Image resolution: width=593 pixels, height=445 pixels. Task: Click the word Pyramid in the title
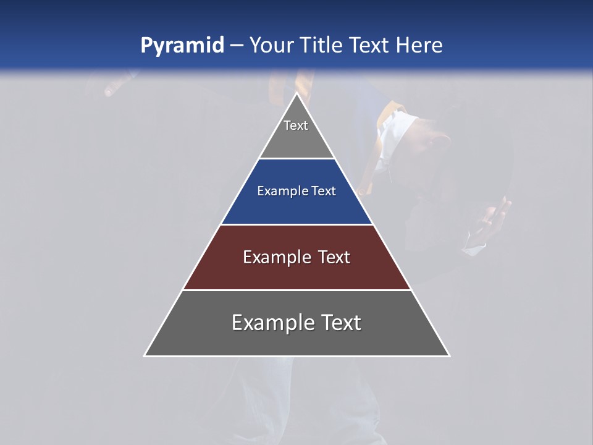182,46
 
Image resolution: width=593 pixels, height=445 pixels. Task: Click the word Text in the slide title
369,45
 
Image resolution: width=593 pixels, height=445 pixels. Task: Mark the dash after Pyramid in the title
236,46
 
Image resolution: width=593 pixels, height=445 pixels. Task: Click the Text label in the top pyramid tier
296,125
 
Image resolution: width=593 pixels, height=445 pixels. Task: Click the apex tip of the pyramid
296,94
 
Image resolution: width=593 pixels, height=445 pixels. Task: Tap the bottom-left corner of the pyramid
145,355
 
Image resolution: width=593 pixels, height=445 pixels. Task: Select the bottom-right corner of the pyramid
448,355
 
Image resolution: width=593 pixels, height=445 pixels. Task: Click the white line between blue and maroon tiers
296,224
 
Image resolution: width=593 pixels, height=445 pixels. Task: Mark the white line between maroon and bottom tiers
296,290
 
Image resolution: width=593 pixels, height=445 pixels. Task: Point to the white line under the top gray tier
296,159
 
